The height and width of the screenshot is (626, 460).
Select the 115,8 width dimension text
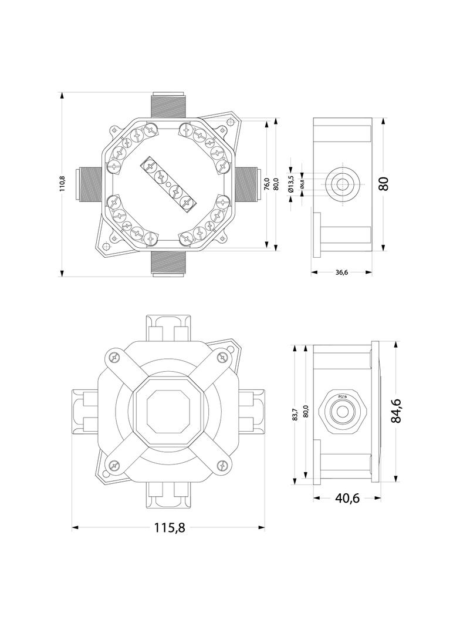(x=170, y=528)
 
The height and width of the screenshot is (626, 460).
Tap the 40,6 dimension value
(x=346, y=498)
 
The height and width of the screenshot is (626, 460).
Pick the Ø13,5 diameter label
(x=291, y=184)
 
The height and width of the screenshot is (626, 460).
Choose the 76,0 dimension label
(x=267, y=184)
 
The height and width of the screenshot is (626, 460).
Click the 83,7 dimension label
(x=295, y=414)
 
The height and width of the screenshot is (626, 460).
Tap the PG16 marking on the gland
(x=341, y=397)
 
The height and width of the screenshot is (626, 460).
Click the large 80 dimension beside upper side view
(x=384, y=184)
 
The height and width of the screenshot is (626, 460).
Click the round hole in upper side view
(x=341, y=184)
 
